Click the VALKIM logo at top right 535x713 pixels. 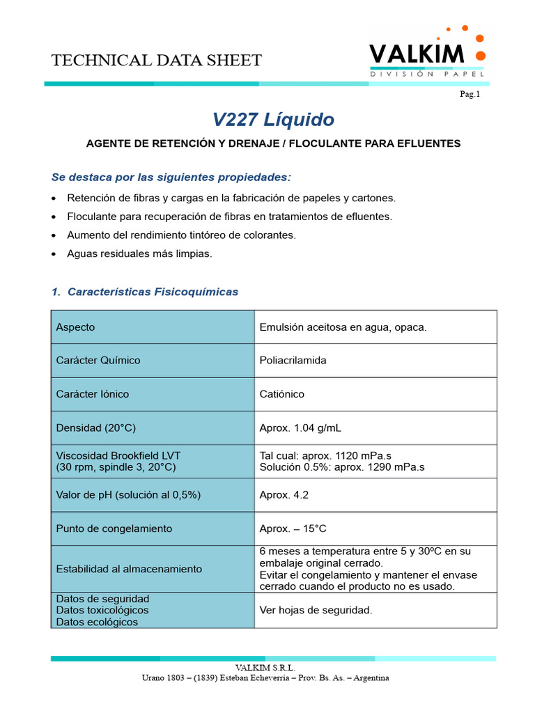click(x=426, y=55)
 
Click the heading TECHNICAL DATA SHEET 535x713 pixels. click(x=156, y=61)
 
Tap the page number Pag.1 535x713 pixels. click(x=470, y=94)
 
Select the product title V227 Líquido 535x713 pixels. click(x=273, y=120)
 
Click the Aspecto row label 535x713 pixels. click(x=76, y=327)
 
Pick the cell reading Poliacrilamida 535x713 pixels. click(x=293, y=361)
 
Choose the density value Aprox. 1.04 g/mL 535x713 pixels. click(x=300, y=428)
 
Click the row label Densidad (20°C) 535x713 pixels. click(x=96, y=428)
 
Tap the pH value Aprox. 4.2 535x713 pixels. click(x=284, y=494)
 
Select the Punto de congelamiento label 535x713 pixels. click(x=114, y=528)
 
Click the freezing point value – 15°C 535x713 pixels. click(x=293, y=528)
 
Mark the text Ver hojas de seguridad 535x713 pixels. click(x=316, y=611)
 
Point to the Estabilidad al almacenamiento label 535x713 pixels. click(x=129, y=569)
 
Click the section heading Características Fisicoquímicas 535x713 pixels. click(x=153, y=292)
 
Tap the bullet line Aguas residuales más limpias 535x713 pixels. click(x=139, y=254)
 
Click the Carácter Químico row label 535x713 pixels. click(x=98, y=361)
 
